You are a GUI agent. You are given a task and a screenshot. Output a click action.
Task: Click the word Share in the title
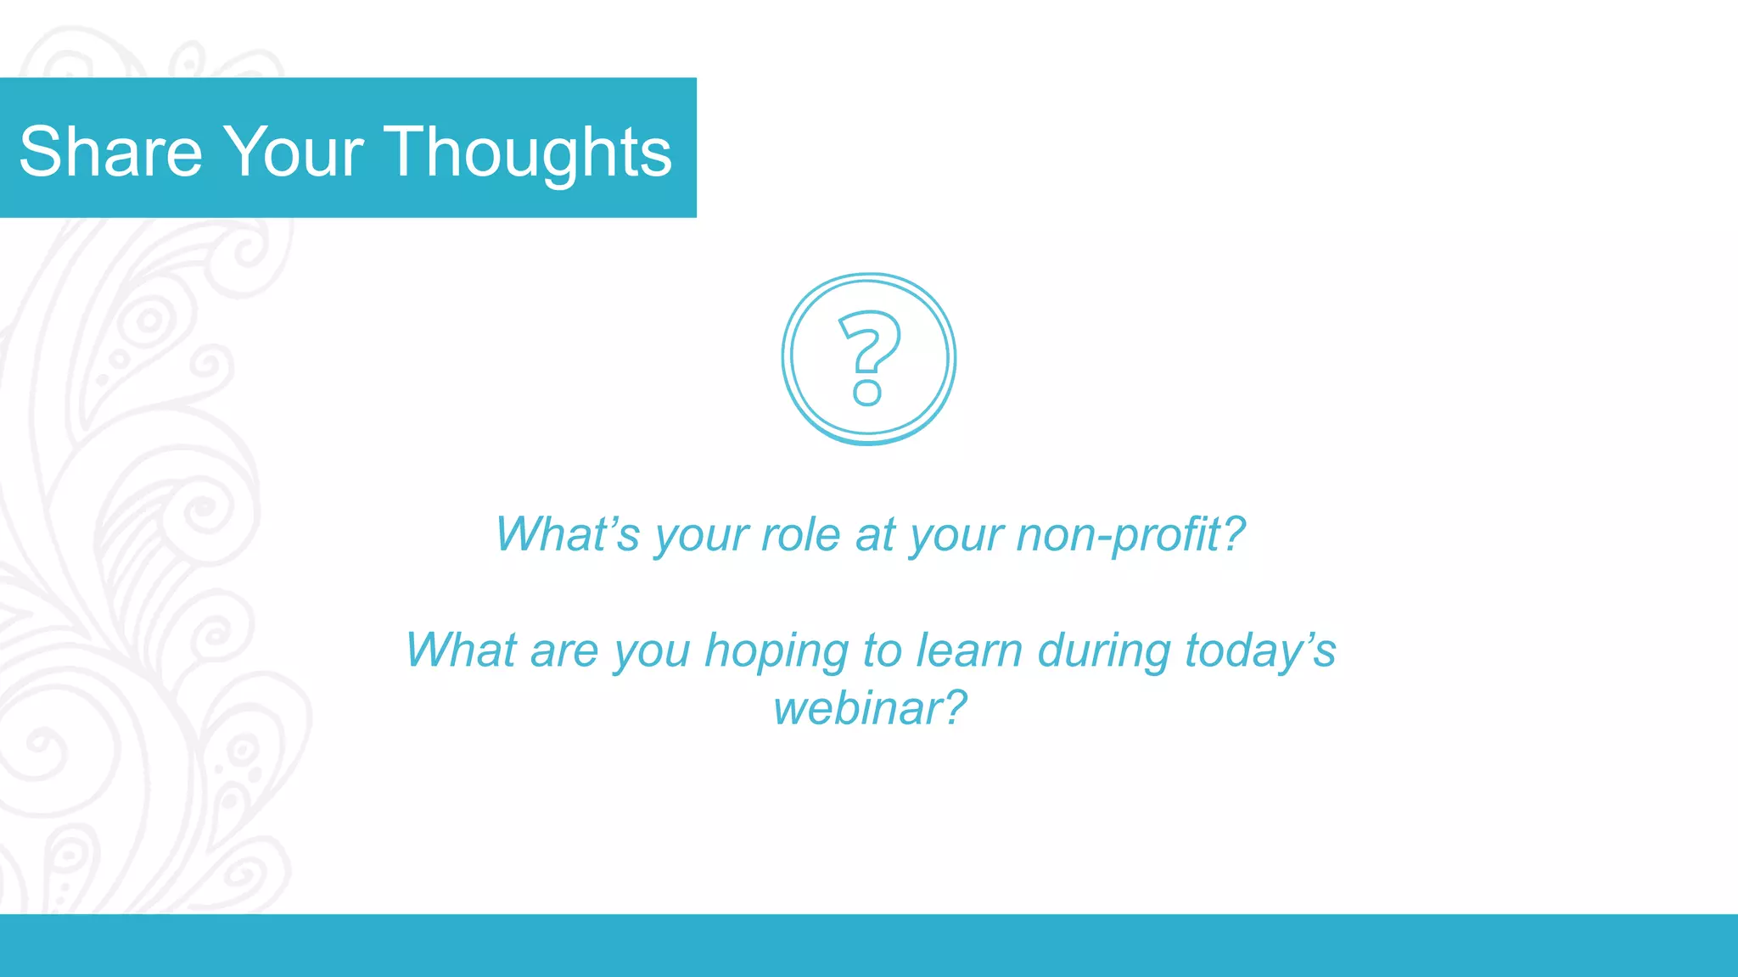tap(111, 152)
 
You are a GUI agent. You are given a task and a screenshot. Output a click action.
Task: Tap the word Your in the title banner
tap(293, 152)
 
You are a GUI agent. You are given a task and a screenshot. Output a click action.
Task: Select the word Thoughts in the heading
tap(528, 152)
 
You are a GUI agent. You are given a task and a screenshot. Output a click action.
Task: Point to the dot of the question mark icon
tap(867, 392)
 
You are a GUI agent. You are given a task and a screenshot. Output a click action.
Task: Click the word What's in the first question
tap(567, 534)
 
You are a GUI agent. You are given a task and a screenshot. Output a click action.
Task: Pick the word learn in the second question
tap(969, 650)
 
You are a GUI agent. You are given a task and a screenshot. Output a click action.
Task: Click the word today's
tap(1260, 650)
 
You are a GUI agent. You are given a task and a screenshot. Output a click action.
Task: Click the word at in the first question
tap(875, 534)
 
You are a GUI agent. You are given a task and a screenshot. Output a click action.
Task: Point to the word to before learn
tap(882, 650)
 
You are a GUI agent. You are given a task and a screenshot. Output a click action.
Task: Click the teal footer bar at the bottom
tap(869, 945)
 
